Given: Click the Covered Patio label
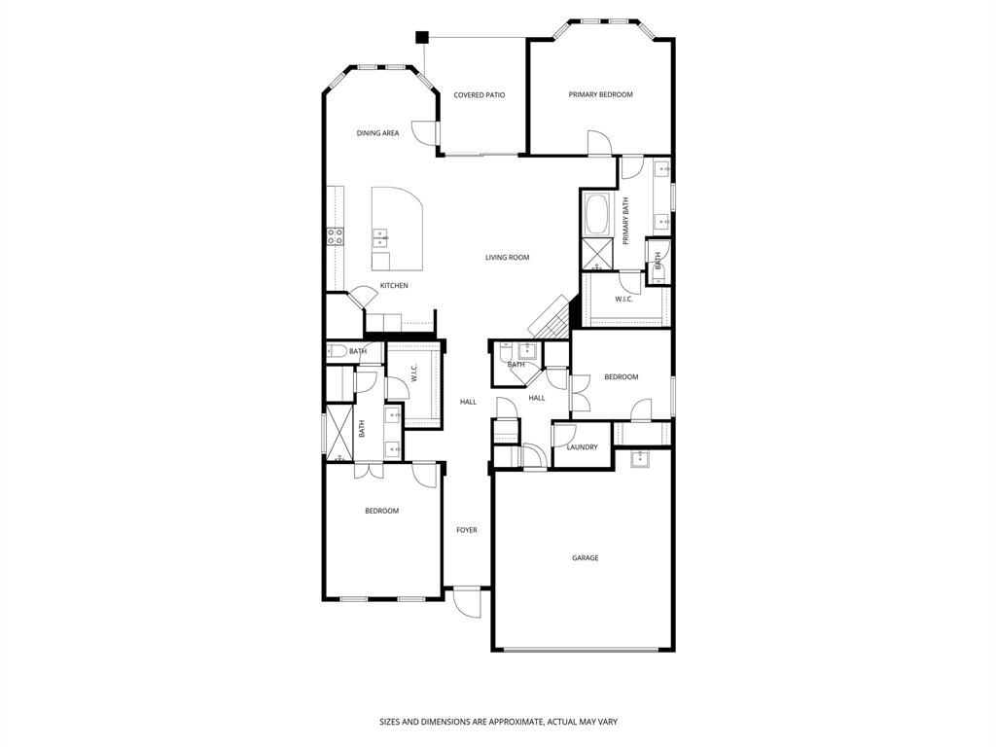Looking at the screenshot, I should click(x=479, y=95).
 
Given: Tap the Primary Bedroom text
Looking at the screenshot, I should click(x=600, y=94).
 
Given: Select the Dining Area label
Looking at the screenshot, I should click(x=377, y=133).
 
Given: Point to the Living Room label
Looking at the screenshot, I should click(x=507, y=258).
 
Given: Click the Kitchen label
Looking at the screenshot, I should click(x=393, y=286).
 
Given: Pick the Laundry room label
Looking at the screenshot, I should click(x=582, y=447).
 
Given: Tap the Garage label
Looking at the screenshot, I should click(x=585, y=558).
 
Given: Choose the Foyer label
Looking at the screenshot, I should click(x=467, y=530).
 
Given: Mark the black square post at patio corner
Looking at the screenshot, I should click(x=421, y=38).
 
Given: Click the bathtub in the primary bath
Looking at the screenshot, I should click(x=595, y=213).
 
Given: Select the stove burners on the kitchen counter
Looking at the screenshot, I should click(x=335, y=236).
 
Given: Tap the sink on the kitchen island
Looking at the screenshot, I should click(x=381, y=238).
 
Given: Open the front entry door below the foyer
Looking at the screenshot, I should click(x=467, y=603).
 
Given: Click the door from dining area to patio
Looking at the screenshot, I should click(x=423, y=136).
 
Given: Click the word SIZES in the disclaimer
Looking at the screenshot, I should click(x=390, y=722).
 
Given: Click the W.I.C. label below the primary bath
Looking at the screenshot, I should click(x=623, y=299).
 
